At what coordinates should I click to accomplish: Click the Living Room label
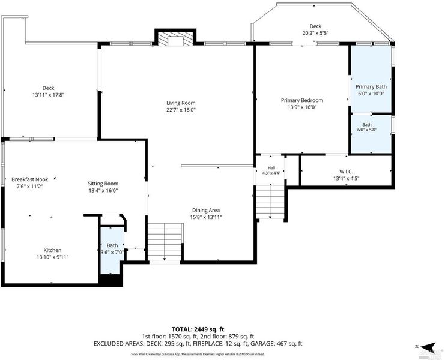(181, 103)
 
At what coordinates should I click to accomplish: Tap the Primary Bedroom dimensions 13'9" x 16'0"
(302, 107)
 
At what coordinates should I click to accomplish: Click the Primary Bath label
(371, 87)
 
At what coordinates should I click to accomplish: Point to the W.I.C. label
(346, 172)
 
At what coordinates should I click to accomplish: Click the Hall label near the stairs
(271, 168)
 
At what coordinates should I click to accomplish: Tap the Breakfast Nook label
(30, 179)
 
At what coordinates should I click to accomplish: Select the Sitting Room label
(103, 184)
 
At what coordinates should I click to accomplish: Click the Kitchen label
(52, 250)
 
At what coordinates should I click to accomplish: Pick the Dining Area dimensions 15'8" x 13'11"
(206, 217)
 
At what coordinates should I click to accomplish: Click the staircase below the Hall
(270, 201)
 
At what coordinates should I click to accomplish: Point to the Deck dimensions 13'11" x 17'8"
(48, 95)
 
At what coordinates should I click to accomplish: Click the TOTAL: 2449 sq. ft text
(198, 329)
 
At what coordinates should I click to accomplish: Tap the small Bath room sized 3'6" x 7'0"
(112, 250)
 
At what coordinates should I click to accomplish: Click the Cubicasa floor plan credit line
(198, 355)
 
